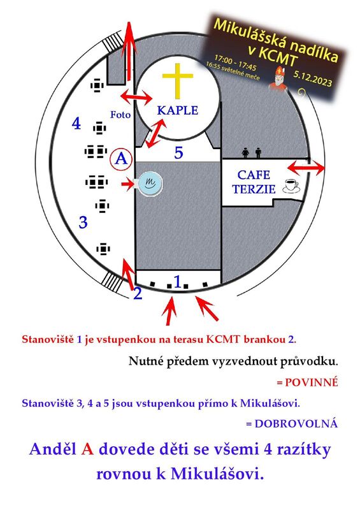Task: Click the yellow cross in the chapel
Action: click(x=178, y=80)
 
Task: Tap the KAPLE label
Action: click(x=178, y=110)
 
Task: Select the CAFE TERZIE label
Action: click(x=254, y=182)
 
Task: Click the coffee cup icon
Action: click(x=291, y=186)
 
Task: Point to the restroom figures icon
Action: click(x=252, y=152)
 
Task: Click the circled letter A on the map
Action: click(x=121, y=159)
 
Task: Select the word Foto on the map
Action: click(x=120, y=115)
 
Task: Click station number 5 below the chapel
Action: click(x=178, y=152)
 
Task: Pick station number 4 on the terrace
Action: click(x=76, y=124)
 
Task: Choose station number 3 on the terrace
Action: click(x=83, y=222)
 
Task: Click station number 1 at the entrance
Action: click(x=177, y=282)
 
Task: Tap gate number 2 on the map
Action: click(x=138, y=293)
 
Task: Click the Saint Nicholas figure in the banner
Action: click(x=278, y=79)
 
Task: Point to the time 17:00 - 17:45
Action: click(x=235, y=62)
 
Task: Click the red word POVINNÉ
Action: click(x=307, y=382)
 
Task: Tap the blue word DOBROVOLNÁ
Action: click(x=292, y=423)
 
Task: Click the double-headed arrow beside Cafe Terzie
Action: click(x=306, y=168)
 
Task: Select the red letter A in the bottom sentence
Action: click(x=87, y=449)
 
